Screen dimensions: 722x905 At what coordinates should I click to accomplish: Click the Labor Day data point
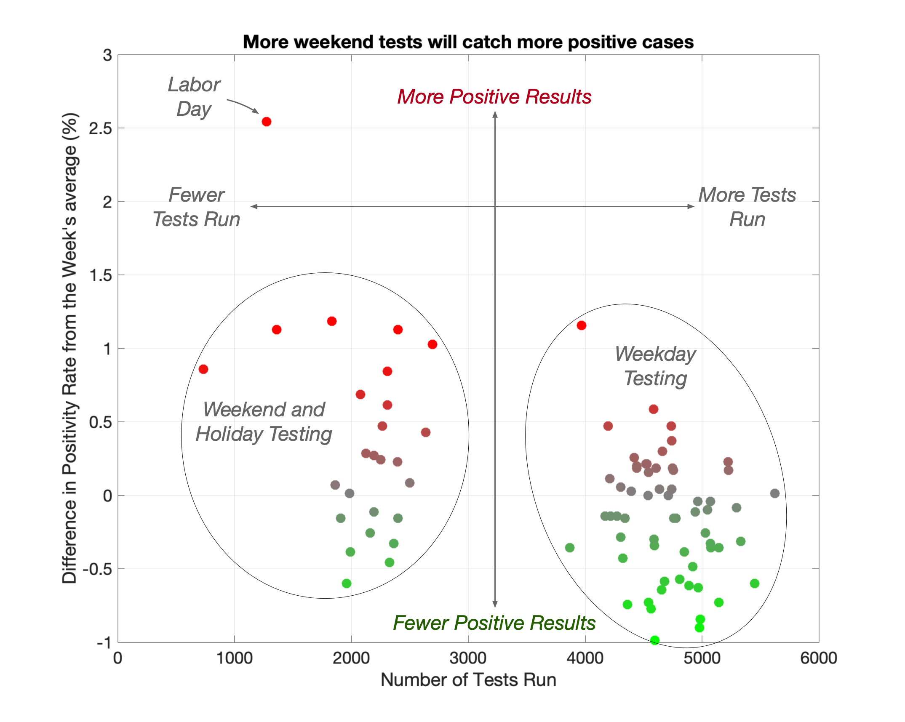tap(266, 122)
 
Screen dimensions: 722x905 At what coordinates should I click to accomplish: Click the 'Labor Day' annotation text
tap(194, 97)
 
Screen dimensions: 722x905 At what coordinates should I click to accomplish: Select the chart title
tap(468, 42)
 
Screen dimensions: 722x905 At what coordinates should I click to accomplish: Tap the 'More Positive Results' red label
tap(494, 96)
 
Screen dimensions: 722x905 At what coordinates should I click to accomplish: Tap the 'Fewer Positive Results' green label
tap(494, 623)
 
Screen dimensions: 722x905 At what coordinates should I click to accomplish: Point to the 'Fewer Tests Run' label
tap(196, 207)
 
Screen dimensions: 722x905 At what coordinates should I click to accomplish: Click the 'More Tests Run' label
tap(747, 207)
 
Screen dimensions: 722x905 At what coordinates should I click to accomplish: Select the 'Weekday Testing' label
tap(655, 366)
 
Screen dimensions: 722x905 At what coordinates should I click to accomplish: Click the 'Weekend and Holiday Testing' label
tap(264, 421)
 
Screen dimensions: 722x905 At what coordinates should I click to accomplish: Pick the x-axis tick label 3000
tap(468, 658)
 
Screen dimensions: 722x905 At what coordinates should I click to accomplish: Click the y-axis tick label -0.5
tap(97, 569)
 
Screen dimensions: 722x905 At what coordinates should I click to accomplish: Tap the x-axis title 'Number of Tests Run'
tap(468, 680)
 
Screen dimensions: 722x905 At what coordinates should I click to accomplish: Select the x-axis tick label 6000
tap(818, 658)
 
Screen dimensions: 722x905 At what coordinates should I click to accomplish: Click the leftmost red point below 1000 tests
tap(203, 369)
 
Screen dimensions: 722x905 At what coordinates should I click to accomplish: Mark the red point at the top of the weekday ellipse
tap(582, 325)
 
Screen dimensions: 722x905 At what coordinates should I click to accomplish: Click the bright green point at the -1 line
tap(654, 640)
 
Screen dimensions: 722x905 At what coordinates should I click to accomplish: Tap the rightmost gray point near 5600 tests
tap(774, 493)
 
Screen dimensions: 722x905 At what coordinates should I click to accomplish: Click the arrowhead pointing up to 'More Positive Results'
tap(495, 115)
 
